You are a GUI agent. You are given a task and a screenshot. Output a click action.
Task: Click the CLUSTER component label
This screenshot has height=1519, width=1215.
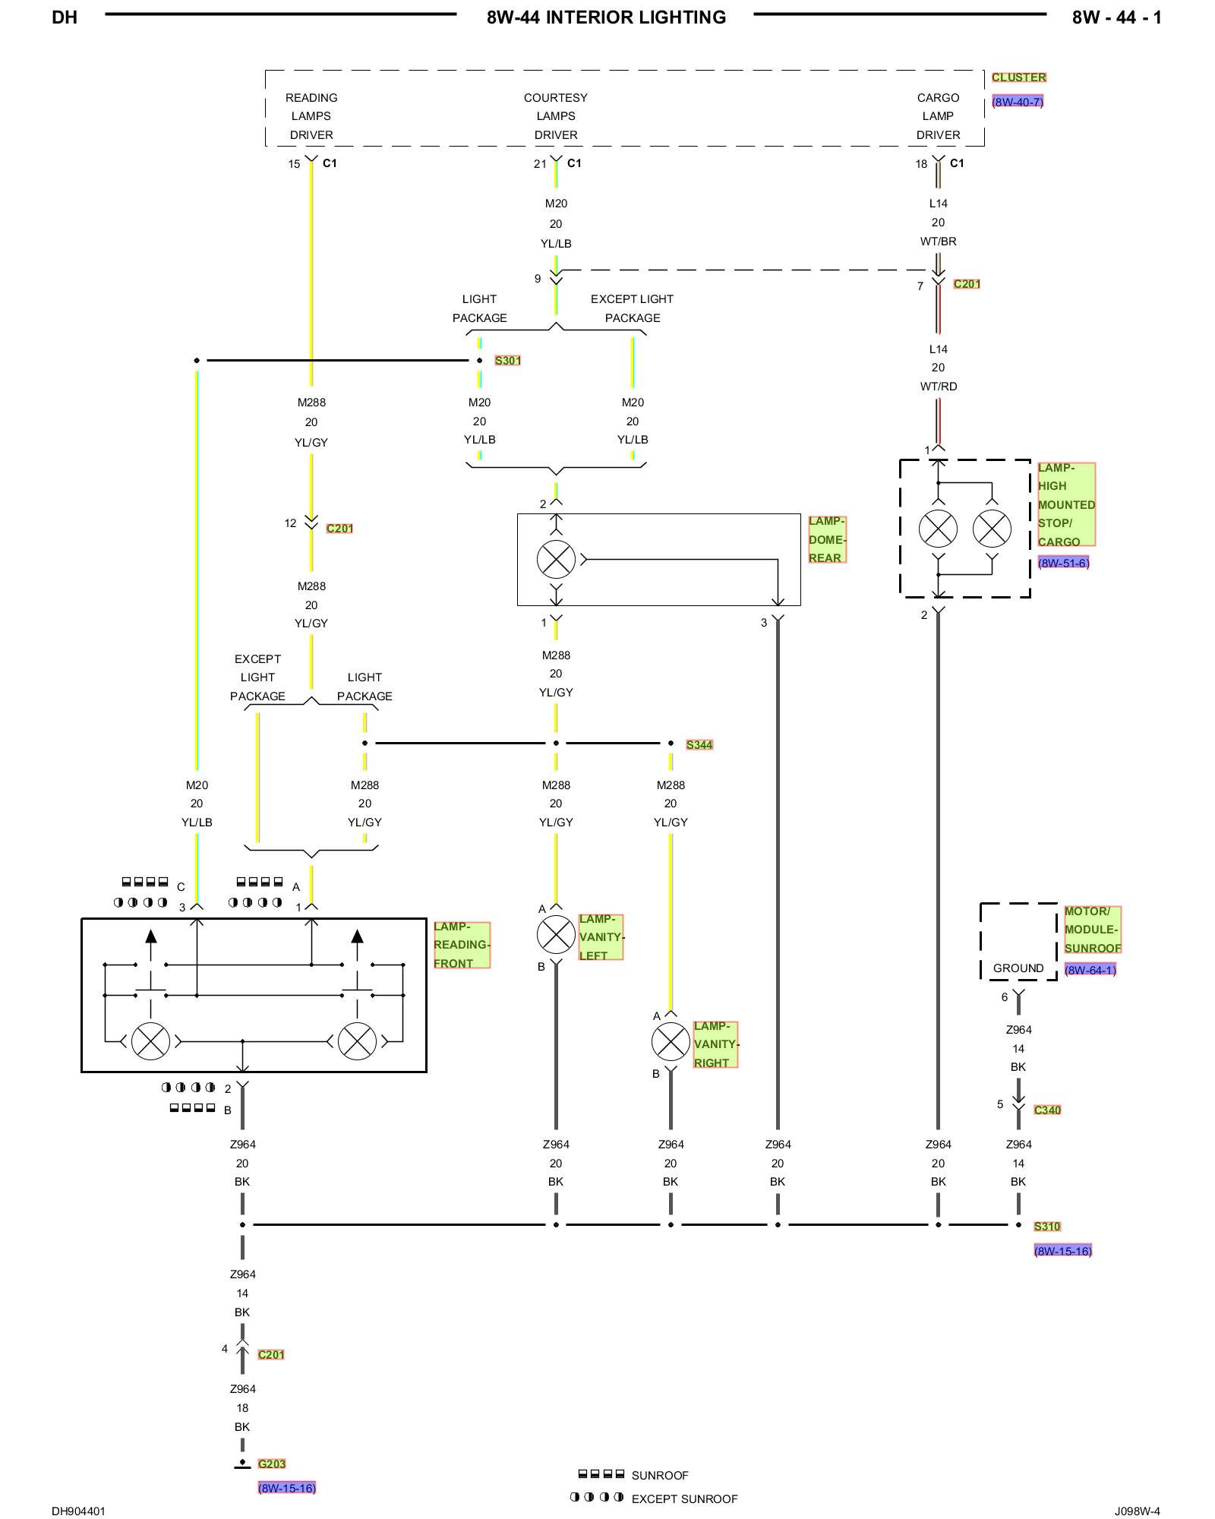(1018, 77)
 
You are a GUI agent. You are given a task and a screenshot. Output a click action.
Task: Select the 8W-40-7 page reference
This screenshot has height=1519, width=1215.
(1018, 102)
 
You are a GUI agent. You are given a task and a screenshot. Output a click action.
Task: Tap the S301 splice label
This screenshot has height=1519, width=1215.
(507, 361)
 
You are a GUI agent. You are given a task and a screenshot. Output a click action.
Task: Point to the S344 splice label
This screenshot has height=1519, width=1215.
(699, 745)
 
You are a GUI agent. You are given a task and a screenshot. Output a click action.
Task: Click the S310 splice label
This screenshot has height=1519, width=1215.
(1046, 1227)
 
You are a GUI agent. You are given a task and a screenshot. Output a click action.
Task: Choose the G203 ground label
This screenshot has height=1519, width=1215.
(271, 1464)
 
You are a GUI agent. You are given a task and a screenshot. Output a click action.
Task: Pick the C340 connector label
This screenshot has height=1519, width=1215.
(1047, 1110)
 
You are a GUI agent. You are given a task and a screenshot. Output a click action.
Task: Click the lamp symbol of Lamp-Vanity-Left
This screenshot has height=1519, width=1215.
(556, 934)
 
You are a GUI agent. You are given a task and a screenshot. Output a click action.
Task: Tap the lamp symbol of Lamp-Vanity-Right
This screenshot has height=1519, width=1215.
(671, 1041)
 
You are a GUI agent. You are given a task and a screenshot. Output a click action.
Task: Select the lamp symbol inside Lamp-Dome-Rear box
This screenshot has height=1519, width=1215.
(556, 560)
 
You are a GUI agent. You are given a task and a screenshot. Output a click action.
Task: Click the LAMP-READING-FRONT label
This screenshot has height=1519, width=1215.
(462, 945)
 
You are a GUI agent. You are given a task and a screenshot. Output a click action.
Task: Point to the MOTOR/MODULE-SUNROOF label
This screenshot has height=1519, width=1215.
(1092, 930)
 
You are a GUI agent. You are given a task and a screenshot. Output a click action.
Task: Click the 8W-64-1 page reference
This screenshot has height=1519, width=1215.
(1090, 970)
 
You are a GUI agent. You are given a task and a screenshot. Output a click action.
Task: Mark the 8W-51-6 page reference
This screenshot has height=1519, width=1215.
(1063, 563)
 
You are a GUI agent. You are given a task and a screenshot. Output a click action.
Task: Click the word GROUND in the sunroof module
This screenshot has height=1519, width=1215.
(1018, 968)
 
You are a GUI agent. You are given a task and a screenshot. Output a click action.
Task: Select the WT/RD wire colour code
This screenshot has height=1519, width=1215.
(939, 387)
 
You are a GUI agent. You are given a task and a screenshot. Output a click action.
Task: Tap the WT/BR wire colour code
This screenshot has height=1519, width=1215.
(939, 242)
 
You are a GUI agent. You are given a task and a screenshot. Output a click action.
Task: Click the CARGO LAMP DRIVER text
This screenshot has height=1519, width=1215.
(939, 116)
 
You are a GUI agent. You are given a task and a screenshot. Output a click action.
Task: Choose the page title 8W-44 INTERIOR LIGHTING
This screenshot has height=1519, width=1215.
(606, 17)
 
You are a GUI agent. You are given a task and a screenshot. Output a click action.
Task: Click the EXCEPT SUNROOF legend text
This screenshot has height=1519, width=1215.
(684, 1498)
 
